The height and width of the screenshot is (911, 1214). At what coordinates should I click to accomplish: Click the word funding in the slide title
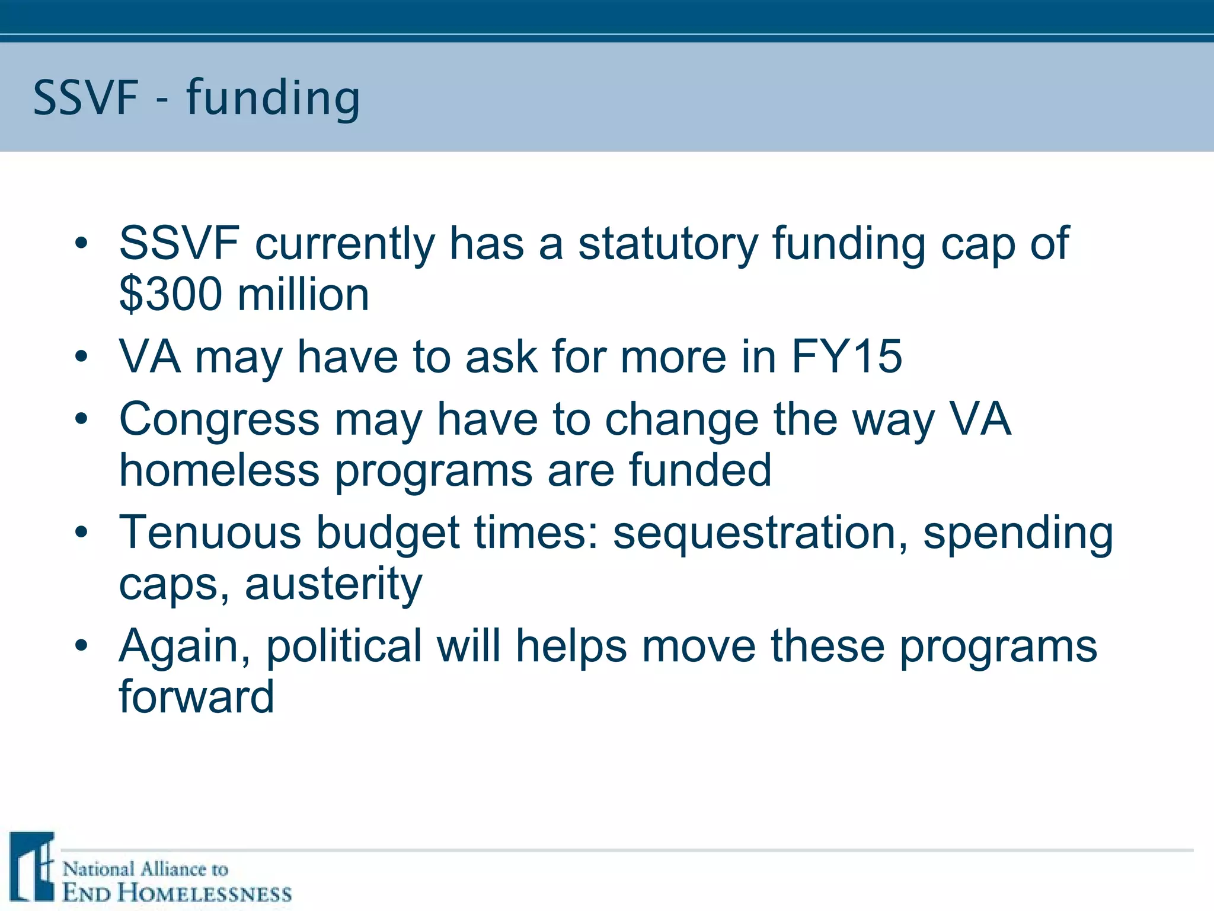[273, 98]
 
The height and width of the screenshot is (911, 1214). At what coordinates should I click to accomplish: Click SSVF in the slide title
[85, 98]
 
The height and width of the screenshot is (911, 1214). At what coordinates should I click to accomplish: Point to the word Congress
[219, 419]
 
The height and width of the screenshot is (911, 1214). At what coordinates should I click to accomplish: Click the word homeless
[219, 470]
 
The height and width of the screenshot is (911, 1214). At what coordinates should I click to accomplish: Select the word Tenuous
[210, 532]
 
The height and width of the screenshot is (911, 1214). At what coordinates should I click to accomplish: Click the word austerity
[333, 584]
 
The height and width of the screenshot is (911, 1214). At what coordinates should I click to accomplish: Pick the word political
[344, 646]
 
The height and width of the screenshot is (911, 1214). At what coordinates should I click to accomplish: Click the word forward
[196, 697]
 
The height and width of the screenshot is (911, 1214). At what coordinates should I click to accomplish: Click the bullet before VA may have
[81, 357]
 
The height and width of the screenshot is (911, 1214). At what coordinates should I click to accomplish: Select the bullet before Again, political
[81, 645]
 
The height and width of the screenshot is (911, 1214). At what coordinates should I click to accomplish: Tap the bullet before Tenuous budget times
[81, 532]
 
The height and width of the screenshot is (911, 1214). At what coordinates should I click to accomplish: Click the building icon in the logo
[33, 867]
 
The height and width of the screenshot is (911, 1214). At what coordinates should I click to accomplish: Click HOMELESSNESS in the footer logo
[204, 893]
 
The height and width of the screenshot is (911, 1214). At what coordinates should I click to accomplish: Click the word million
[303, 295]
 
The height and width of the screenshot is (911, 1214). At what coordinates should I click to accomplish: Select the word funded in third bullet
[699, 470]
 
